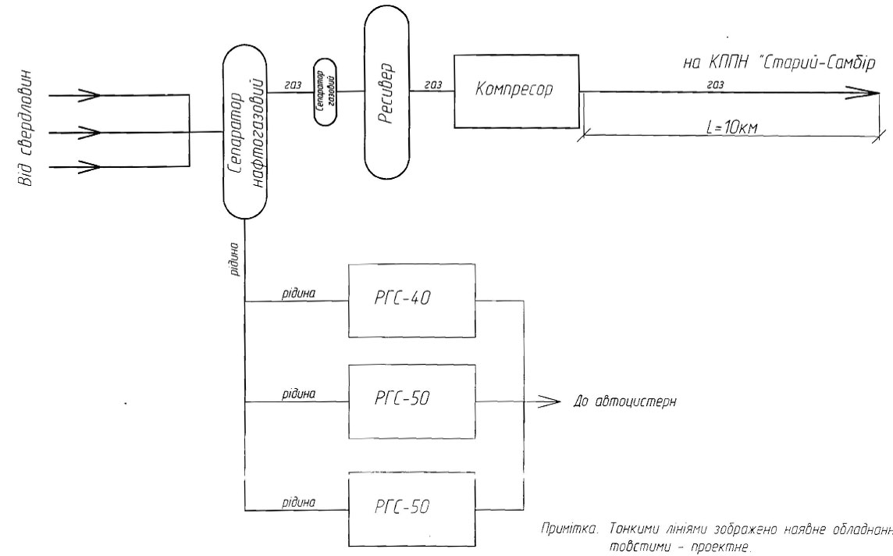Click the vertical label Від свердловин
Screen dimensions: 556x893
point(25,132)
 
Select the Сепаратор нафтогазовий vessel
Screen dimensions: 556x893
point(245,133)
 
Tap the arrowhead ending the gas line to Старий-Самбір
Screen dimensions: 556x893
point(866,91)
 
